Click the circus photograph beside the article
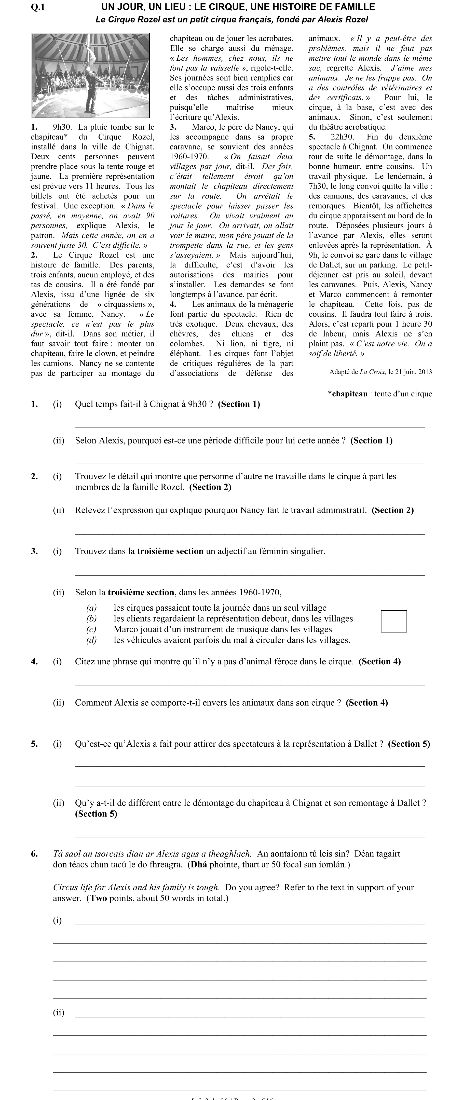tap(90, 76)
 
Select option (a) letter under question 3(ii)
tap(91, 608)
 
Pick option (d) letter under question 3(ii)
tap(91, 640)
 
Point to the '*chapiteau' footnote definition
tap(380, 394)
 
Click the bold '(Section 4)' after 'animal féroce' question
tap(379, 661)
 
